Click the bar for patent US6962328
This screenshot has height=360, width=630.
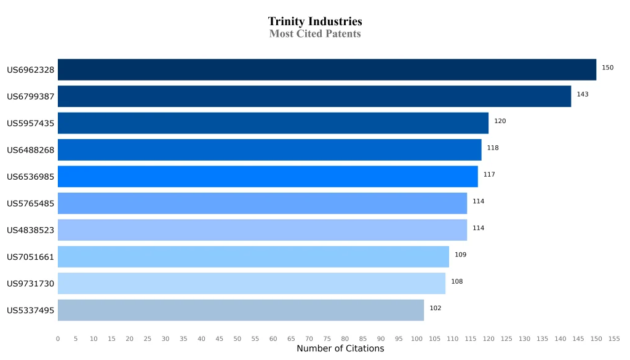point(327,70)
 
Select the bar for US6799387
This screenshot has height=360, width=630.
point(314,96)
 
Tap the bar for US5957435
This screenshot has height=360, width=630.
point(273,123)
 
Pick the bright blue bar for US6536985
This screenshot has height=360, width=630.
point(268,177)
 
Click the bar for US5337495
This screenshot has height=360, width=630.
point(241,310)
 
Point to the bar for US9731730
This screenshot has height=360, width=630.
point(252,283)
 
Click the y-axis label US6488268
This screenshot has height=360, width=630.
point(31,150)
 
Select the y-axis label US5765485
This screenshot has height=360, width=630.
point(31,204)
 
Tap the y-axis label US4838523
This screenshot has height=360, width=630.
point(31,230)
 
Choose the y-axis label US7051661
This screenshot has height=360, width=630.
point(31,257)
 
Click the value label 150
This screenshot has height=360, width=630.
point(607,68)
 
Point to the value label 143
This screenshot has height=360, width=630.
point(583,94)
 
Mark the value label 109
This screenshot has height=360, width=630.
point(460,255)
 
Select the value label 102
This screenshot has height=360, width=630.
point(435,308)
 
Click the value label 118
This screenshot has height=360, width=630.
point(493,148)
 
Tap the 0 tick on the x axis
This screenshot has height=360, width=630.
point(58,339)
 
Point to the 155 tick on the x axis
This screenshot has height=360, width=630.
point(614,339)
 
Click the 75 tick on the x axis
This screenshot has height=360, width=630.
point(327,339)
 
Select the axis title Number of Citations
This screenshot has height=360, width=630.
point(340,349)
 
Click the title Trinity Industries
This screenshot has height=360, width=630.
point(315,22)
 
